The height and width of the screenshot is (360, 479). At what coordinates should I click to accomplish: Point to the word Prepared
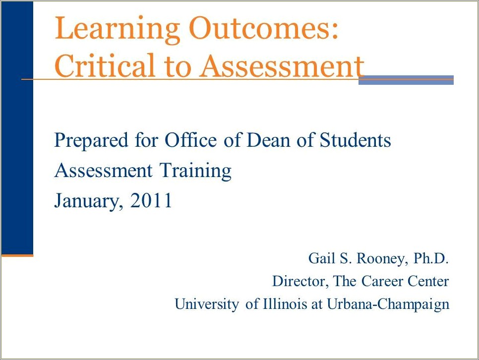pos(91,141)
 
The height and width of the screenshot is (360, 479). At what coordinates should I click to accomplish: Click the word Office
pos(190,140)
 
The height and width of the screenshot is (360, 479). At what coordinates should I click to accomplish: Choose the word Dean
pos(268,140)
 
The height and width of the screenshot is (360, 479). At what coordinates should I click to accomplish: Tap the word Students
pos(355,140)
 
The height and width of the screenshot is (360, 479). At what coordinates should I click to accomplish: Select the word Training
pos(195,172)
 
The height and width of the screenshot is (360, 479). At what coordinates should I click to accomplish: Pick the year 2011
pos(151,200)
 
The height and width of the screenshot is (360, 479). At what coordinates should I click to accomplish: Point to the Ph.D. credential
pos(431,258)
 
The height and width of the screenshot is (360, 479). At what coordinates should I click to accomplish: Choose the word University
pos(207,304)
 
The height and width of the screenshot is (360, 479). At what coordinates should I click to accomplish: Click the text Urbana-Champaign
pos(388,304)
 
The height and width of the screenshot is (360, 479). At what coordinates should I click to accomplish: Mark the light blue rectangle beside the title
pos(406,80)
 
